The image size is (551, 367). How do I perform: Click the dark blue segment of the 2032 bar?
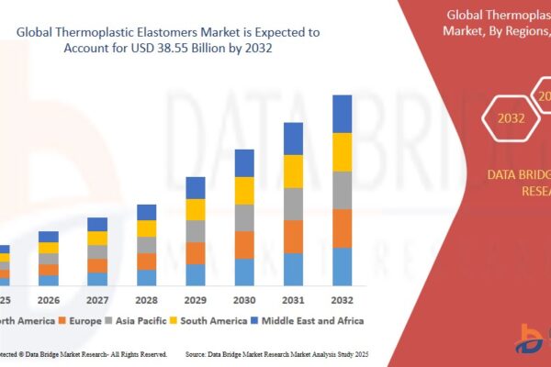(342, 114)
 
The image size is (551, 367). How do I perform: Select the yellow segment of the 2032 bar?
(342, 152)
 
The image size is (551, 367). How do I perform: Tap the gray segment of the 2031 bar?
(293, 204)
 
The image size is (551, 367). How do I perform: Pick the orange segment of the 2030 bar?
(244, 245)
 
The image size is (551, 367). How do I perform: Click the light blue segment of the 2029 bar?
(196, 274)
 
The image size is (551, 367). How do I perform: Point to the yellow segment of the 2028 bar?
(147, 228)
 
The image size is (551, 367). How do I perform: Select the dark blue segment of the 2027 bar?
(97, 224)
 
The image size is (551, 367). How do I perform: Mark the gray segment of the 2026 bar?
(49, 259)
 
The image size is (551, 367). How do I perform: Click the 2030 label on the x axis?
(244, 299)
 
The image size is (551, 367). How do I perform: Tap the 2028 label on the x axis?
(147, 299)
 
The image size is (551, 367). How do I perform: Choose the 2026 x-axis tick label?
(49, 299)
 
